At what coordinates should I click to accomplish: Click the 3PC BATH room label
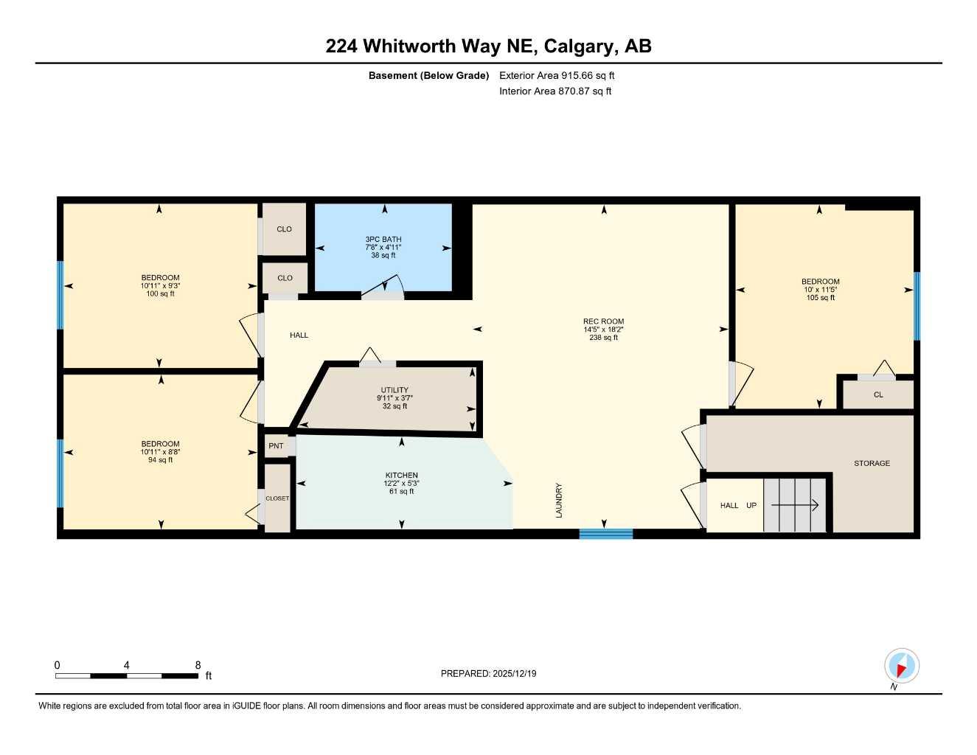coord(383,240)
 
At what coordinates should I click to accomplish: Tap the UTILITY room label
coord(394,390)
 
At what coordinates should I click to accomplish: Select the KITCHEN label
coord(401,476)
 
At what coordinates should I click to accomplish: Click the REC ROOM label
coord(603,321)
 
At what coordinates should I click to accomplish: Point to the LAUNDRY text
coord(559,500)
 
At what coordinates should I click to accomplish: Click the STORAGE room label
coord(872,463)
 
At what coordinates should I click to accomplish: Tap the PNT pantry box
coord(277,446)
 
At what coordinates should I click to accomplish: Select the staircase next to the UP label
coord(795,505)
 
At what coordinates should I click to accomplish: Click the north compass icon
coord(901,667)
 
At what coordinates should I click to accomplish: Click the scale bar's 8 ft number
coord(198,665)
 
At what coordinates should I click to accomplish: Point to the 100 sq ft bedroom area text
coord(160,294)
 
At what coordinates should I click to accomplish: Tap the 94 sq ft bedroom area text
coord(160,460)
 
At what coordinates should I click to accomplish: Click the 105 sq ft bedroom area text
coord(820,298)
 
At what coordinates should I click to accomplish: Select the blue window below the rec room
coord(605,534)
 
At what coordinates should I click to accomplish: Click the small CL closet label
coord(878,394)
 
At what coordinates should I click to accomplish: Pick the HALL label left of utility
coord(299,335)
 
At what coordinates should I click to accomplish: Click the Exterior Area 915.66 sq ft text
coord(557,75)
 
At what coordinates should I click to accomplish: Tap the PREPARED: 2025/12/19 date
coord(488,673)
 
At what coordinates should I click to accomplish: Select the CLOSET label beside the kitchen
coord(277,498)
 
